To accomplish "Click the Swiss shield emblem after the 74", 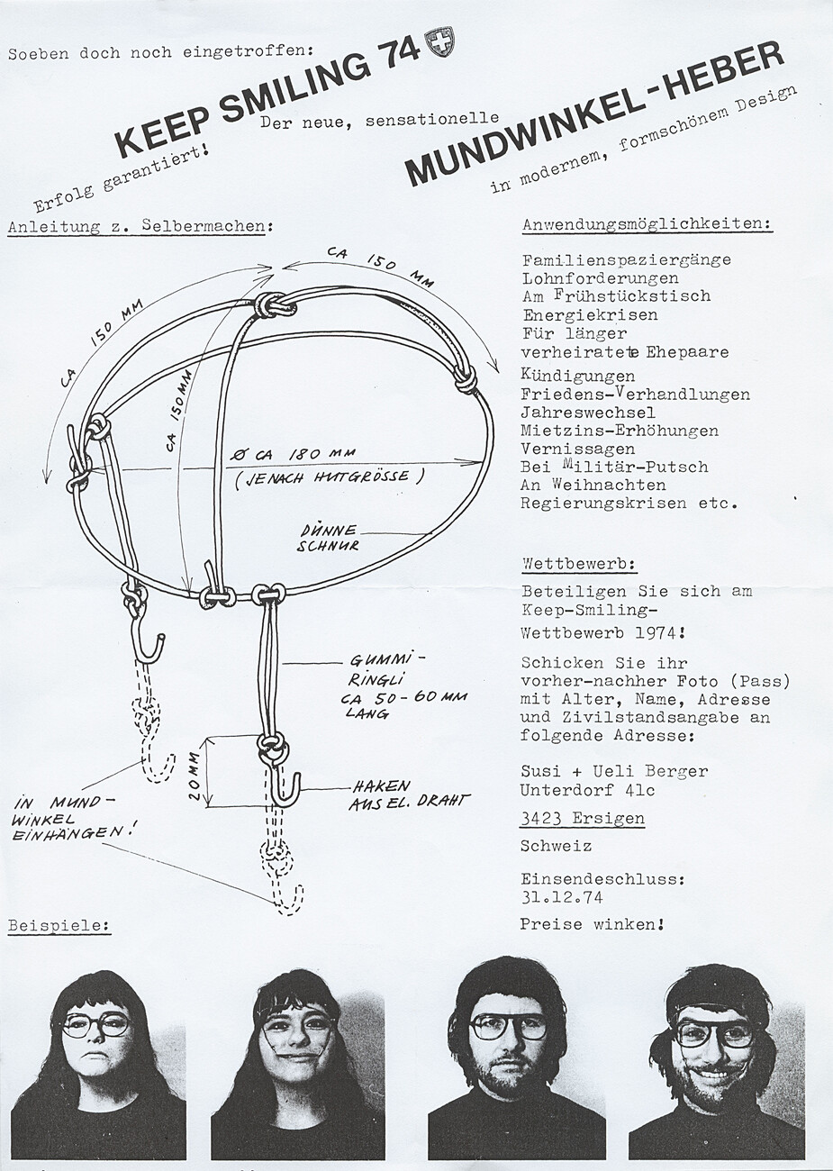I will [441, 42].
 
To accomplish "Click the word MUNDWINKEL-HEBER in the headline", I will [594, 114].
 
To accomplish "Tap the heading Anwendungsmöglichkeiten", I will [647, 225].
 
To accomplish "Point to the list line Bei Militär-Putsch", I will [614, 467].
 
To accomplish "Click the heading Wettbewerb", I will [579, 565].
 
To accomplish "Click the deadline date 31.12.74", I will [561, 897].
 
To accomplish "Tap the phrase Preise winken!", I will [592, 924].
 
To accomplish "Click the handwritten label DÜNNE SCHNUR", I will [330, 538].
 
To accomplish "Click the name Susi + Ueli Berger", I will [614, 771].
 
